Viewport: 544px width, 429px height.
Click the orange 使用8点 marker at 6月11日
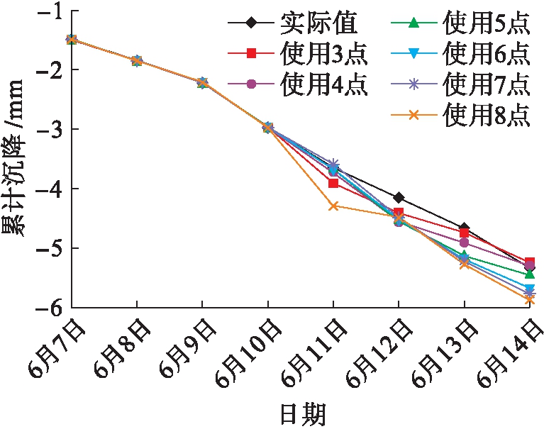click(333, 206)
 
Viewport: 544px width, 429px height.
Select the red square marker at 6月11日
click(333, 183)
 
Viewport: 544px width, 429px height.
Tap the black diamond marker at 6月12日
click(399, 197)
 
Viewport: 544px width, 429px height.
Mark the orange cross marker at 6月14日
click(529, 299)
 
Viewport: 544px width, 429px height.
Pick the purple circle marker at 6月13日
click(464, 243)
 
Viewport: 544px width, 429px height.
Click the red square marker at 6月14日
click(529, 262)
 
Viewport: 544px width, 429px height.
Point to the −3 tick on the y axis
click(73, 129)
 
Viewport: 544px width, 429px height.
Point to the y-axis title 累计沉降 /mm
click(16, 159)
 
